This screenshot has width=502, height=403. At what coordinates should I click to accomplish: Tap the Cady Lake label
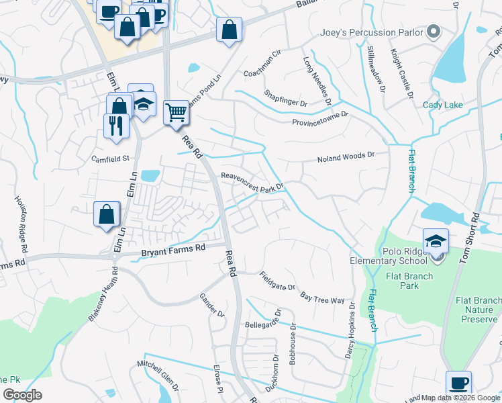(442, 105)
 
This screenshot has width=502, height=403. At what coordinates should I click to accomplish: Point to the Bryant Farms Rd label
(173, 251)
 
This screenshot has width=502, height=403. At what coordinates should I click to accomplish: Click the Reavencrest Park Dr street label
(253, 181)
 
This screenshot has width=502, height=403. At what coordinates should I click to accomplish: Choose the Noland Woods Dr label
(344, 157)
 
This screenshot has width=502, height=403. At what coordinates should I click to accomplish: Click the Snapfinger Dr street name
(285, 99)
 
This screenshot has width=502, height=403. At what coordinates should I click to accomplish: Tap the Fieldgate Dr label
(277, 281)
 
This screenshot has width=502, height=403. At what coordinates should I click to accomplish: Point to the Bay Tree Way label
(322, 296)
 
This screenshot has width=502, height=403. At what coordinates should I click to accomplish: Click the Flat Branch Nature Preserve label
(478, 310)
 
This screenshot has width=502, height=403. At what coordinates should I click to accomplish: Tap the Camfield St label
(110, 159)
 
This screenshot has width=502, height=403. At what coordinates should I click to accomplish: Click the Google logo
(22, 394)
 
